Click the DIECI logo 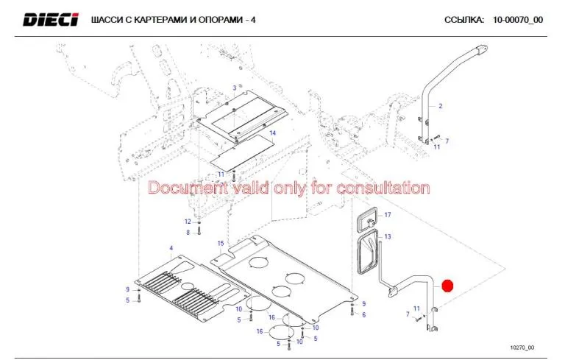tap(50, 19)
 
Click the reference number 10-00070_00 tap(518, 20)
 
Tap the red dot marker tap(447, 285)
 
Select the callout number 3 tap(235, 88)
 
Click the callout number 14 tap(271, 133)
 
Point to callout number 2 tap(441, 107)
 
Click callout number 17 tap(388, 214)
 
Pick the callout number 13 tap(388, 236)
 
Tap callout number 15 tap(220, 243)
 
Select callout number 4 tap(171, 250)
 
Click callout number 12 tap(187, 222)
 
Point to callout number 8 tap(188, 233)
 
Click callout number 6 tap(364, 314)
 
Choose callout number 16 tap(260, 331)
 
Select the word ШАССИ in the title tap(107, 20)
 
